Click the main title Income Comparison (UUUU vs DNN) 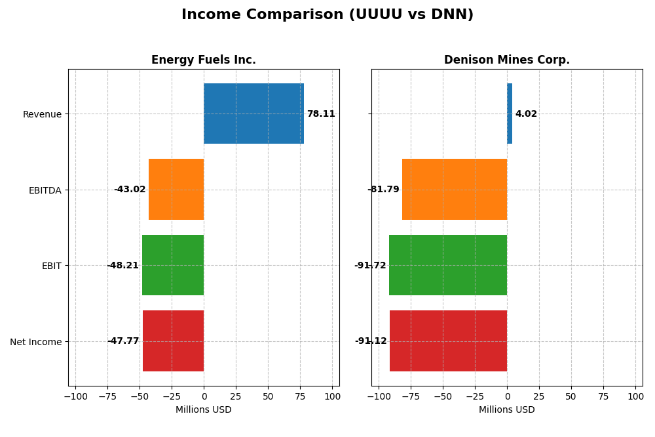[x=327, y=14]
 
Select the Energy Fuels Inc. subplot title [x=203, y=60]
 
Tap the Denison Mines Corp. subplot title [x=506, y=60]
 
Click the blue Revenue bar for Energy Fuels [x=253, y=114]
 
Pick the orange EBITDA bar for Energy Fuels [x=176, y=189]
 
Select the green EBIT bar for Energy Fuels [x=173, y=265]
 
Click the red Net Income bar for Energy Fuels [x=173, y=341]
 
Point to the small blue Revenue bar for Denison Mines [x=510, y=114]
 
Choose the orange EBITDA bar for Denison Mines [x=455, y=189]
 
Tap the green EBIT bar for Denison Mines [x=448, y=265]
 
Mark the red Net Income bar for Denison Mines [x=448, y=341]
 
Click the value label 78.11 [x=321, y=114]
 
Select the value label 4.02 [x=526, y=114]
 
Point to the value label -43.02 [x=130, y=190]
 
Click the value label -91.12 [x=371, y=341]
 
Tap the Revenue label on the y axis [x=42, y=114]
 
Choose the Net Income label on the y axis [x=36, y=342]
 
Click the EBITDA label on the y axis [x=45, y=190]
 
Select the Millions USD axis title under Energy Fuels [x=203, y=409]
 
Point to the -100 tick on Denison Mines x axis [x=378, y=396]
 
